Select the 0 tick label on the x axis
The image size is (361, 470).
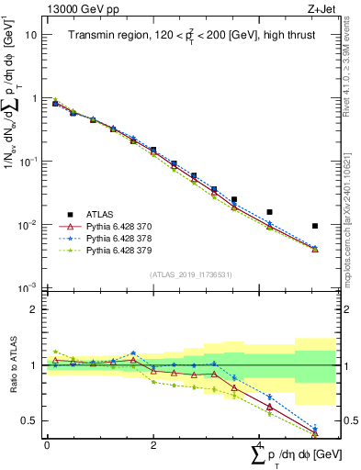(47, 444)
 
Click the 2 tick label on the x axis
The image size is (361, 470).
(153, 444)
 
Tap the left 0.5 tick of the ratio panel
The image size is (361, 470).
(29, 420)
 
